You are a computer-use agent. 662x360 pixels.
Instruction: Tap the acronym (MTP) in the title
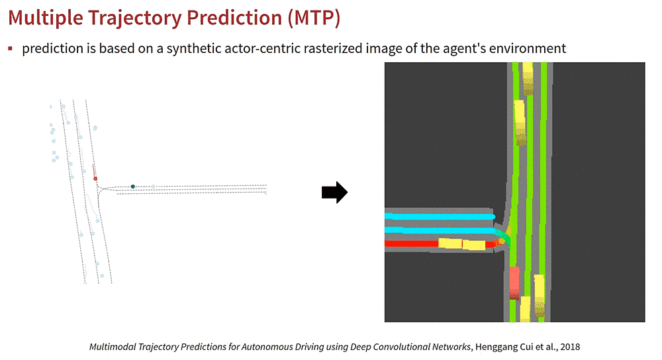[x=314, y=18]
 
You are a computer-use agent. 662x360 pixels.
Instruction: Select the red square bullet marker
[x=10, y=48]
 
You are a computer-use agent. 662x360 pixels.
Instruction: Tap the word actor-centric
[x=261, y=48]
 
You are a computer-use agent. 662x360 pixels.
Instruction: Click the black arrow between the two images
[x=334, y=193]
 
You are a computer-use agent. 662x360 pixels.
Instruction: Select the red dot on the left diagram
[x=95, y=179]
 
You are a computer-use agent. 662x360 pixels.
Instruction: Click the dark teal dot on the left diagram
[x=132, y=187]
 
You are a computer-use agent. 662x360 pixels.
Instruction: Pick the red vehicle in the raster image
[x=514, y=283]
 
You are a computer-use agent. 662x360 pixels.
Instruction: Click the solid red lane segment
[x=411, y=244]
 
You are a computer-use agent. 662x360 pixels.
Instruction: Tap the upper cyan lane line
[x=440, y=216]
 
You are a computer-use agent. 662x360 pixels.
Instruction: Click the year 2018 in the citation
[x=570, y=347]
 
